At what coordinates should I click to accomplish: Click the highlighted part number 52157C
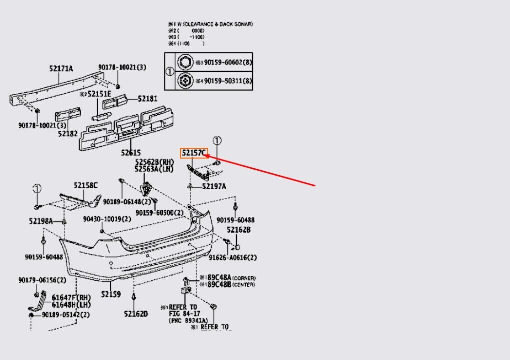pos(194,153)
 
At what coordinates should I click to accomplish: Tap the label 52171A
pos(61,68)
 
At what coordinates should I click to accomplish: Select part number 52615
pos(130,153)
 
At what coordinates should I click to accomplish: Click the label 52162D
pos(136,314)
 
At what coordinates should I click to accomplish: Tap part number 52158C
pos(86,186)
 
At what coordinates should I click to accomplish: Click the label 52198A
pos(41,220)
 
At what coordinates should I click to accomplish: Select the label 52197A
pos(214,186)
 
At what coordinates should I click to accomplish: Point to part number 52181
pos(147,99)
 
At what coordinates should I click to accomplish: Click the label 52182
pos(67,133)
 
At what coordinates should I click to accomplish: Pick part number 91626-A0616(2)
pos(232,258)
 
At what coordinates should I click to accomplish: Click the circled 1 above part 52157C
pos(217,141)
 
